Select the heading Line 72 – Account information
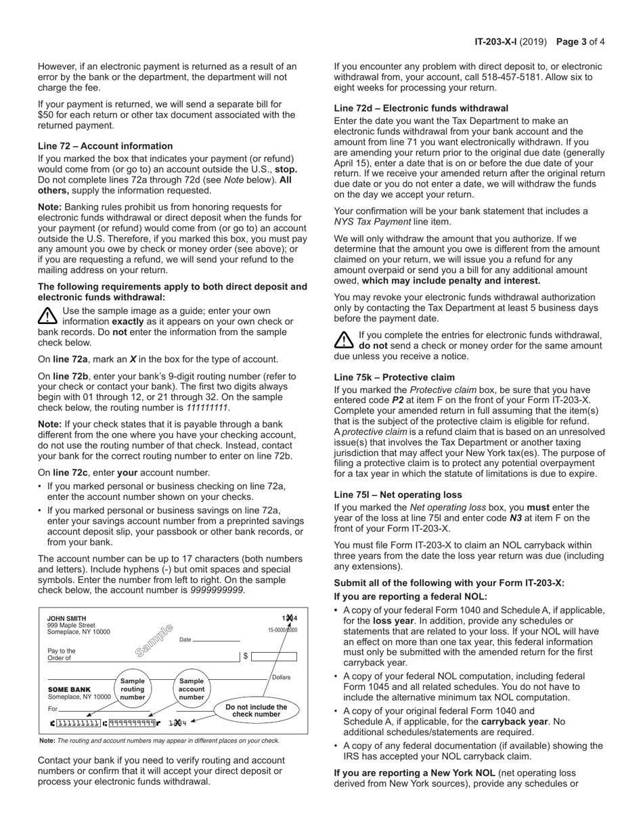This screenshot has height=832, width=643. [x=105, y=146]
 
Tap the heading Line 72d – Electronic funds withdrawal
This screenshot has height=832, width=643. [x=421, y=108]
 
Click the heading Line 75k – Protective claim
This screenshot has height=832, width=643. [x=395, y=377]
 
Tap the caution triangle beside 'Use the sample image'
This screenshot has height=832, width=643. [x=47, y=315]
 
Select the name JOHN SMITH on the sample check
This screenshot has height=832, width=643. [x=66, y=618]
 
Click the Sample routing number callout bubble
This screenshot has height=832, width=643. [x=133, y=689]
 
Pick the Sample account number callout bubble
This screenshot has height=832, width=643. [x=192, y=689]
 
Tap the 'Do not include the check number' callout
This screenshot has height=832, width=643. [x=256, y=710]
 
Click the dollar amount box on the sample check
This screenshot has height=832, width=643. [x=274, y=656]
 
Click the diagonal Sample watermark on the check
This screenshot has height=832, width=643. [x=154, y=640]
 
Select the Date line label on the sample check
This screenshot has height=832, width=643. [x=185, y=639]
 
